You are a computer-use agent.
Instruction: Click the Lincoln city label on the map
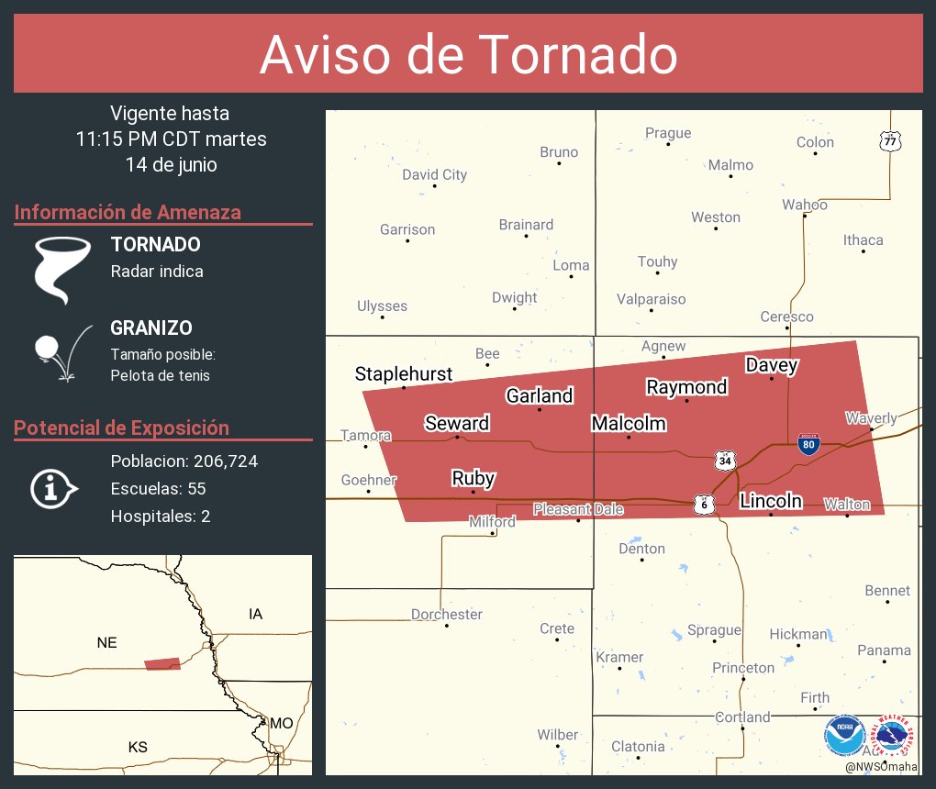tap(771, 501)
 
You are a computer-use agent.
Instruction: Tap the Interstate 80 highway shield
tap(808, 445)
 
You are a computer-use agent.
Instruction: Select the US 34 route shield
tap(726, 460)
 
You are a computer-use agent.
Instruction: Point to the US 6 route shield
tap(704, 504)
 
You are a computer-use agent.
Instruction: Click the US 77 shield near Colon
tap(891, 141)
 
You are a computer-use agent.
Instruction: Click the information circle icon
tap(56, 489)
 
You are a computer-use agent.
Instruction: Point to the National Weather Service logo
tap(895, 736)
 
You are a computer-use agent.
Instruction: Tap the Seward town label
tap(456, 423)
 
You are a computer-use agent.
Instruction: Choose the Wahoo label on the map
tap(805, 205)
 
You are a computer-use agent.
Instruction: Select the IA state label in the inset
tap(255, 614)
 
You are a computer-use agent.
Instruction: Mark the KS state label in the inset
tap(138, 748)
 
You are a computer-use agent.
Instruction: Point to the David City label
tap(434, 174)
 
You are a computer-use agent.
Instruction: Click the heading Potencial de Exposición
tap(121, 428)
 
